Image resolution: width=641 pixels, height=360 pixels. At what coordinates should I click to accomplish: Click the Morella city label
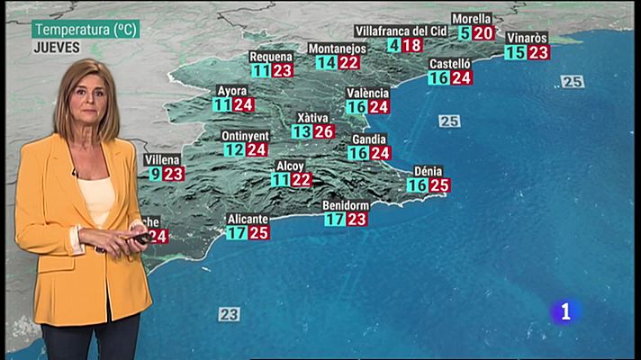tap(472, 18)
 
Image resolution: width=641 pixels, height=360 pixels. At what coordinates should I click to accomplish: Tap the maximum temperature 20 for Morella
tap(483, 33)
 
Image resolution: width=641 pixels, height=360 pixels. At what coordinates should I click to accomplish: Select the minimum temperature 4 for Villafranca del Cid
tap(394, 45)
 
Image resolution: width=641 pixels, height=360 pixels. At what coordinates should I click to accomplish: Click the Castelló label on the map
tap(450, 64)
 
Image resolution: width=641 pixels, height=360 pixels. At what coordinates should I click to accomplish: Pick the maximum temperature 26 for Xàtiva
tap(324, 131)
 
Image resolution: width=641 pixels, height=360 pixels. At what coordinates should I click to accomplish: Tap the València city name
tap(368, 93)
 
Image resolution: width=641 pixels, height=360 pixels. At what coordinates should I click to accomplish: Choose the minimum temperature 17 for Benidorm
tap(334, 219)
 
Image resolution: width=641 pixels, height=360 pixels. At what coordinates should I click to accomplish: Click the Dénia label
tap(428, 171)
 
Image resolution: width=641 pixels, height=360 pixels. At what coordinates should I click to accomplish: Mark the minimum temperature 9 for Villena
tap(156, 174)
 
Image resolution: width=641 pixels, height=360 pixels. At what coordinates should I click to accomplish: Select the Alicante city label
tap(248, 219)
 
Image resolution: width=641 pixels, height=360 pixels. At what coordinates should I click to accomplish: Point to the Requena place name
tap(271, 57)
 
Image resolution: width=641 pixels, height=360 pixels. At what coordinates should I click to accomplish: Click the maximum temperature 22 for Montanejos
tap(348, 62)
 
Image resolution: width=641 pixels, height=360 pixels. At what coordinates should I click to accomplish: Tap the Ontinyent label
tap(244, 136)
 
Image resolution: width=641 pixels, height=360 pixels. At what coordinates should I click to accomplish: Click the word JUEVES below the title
tap(57, 48)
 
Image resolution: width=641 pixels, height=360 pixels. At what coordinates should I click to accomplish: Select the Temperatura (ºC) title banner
tap(85, 30)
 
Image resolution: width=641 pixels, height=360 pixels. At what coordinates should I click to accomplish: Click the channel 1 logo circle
tap(565, 311)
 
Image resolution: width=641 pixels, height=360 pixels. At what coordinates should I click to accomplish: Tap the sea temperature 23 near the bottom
tap(229, 314)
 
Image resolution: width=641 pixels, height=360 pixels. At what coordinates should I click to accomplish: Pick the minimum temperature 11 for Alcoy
tap(280, 180)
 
